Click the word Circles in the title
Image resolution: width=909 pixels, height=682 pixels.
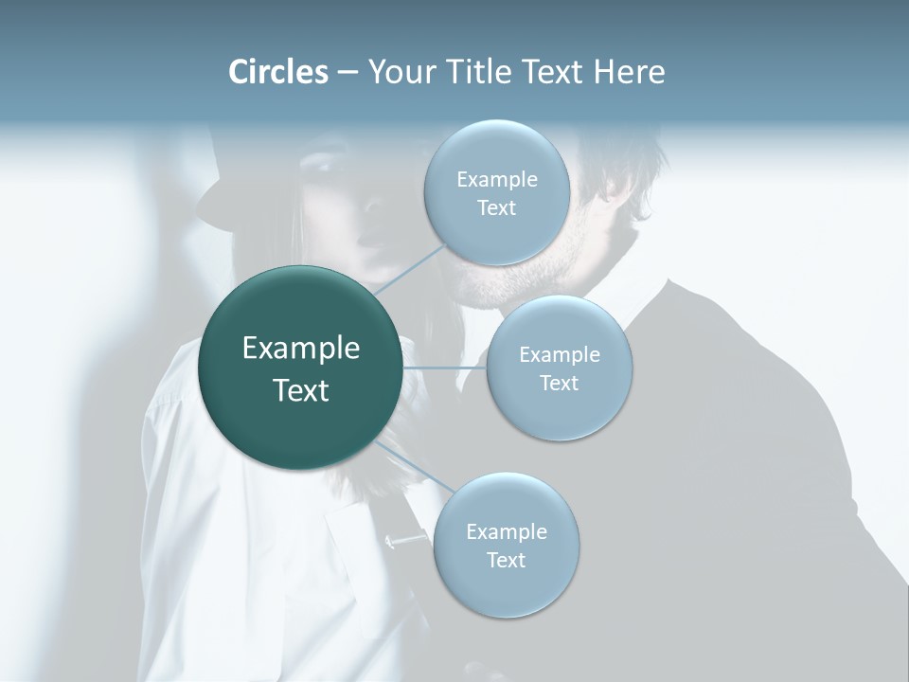(277, 72)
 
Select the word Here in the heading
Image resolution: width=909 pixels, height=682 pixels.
(629, 72)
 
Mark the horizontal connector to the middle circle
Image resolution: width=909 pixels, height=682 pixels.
(445, 368)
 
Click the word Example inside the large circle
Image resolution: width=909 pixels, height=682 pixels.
(301, 349)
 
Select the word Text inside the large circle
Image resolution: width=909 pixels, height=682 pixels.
(301, 390)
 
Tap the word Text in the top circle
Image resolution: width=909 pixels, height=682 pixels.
(496, 208)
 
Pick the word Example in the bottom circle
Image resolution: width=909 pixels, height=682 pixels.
(506, 531)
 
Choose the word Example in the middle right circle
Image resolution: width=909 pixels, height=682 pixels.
(559, 354)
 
